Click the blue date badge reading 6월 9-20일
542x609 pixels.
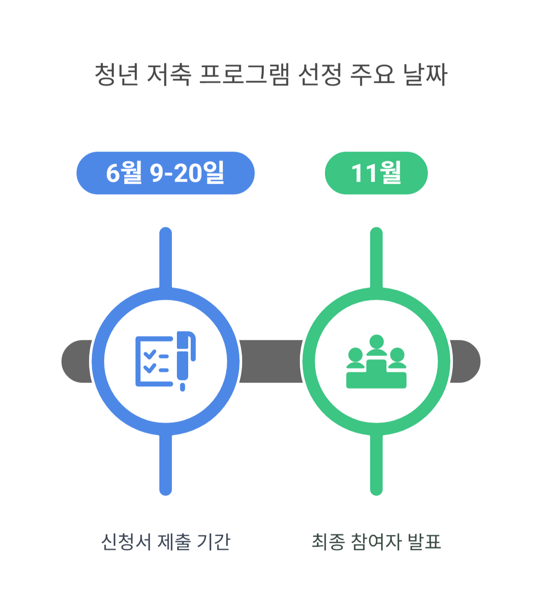(166, 173)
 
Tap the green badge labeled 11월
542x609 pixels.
(376, 173)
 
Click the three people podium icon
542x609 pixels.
(376, 362)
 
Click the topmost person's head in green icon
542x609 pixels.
(377, 341)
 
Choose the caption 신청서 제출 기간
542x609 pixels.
(166, 542)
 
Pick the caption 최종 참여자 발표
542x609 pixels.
(376, 542)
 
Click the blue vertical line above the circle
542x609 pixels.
(166, 257)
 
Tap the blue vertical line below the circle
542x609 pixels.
(166, 465)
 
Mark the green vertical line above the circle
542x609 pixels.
(376, 257)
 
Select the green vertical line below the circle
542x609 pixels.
(376, 465)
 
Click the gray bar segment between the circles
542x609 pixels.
(271, 361)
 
